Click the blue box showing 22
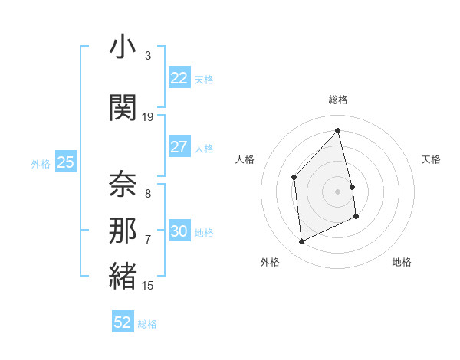coord(179,78)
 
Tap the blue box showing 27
coord(179,147)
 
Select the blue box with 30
coord(179,231)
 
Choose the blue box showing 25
coord(65,162)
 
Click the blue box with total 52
coord(123,322)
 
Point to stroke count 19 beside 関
coord(148,117)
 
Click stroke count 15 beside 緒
coord(148,286)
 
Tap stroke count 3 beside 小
coord(147,56)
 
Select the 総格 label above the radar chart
coord(337,100)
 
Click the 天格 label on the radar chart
coord(431,159)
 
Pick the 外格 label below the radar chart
coord(270,262)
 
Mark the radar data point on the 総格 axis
coord(337,130)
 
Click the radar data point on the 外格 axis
coord(301,241)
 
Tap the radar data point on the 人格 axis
coord(294,178)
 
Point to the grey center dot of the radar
coord(337,191)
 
